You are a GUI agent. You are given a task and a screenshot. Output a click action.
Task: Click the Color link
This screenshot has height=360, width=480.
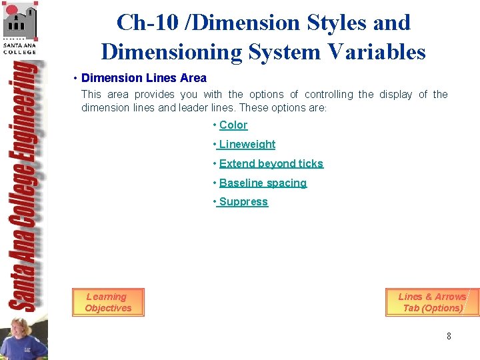coord(233,125)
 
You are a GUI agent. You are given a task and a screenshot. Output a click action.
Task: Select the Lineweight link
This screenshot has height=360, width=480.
coord(247,145)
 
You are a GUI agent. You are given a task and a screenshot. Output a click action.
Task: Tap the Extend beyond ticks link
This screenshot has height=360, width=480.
coord(271,164)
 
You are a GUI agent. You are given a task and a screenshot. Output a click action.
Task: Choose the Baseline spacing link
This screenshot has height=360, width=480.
coord(263,183)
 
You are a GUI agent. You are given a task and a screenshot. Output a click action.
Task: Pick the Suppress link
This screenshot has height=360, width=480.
coord(243,202)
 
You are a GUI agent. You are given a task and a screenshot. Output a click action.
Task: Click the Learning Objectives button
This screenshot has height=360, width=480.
coord(108,303)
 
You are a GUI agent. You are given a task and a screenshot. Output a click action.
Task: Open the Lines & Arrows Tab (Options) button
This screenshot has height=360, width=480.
coord(432,303)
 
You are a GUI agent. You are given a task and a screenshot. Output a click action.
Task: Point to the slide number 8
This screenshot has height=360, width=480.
coord(449,337)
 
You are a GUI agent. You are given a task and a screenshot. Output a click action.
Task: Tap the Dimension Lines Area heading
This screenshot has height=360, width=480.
coord(144,78)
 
